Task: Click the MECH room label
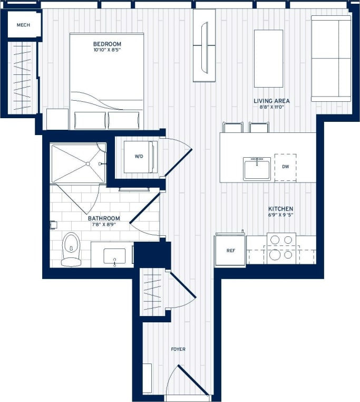pos(23,25)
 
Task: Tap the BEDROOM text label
pos(107,44)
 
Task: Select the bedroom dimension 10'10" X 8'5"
pos(107,51)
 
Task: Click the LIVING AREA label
pos(271,101)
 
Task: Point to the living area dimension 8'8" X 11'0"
pos(271,108)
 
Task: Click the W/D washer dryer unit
pos(139,157)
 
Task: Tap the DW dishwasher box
pos(285,167)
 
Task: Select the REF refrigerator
pos(230,251)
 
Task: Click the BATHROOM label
pos(104,218)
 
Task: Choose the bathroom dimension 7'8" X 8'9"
pos(104,225)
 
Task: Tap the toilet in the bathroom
pos(71,249)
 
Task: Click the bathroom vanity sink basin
pos(114,255)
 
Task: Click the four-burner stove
pos(280,248)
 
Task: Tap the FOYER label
pos(178,349)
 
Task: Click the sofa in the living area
pos(331,58)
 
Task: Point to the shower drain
pos(88,164)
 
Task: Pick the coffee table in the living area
pos(268,58)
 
